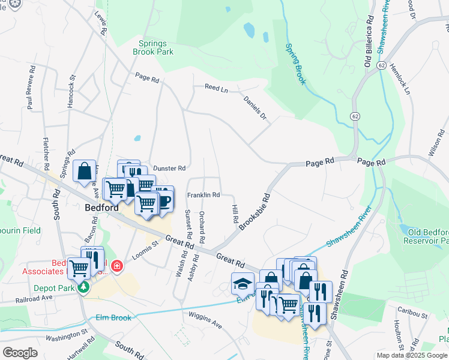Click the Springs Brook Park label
[156, 47]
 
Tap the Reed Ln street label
[217, 88]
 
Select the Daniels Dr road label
[255, 107]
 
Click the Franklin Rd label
[203, 195]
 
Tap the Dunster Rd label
[170, 169]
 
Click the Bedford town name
[97, 208]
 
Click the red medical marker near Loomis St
[116, 265]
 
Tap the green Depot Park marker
[85, 288]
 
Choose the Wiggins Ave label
[205, 322]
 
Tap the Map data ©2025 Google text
[412, 355]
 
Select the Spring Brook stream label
[296, 63]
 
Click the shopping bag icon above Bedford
[85, 170]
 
